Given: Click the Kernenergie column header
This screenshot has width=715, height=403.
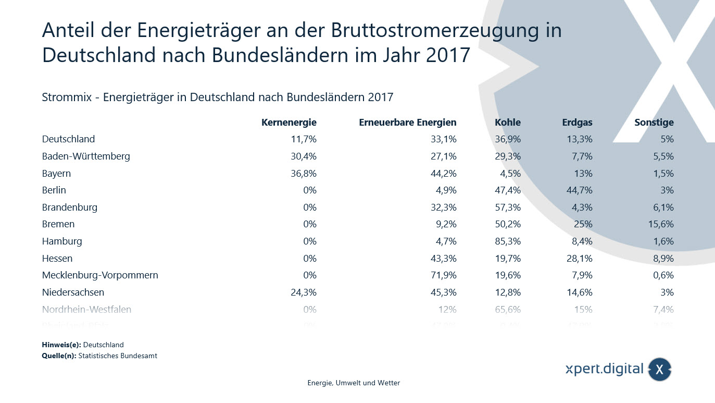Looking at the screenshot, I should tap(289, 123).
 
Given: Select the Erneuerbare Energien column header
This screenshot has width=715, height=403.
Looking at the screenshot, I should tap(408, 123).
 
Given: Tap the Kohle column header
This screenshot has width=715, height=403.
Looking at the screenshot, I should tap(508, 123).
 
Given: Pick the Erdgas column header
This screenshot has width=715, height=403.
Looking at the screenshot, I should tap(577, 123).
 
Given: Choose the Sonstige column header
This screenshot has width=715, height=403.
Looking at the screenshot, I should tap(654, 123).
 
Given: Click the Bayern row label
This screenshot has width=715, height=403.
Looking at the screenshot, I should tap(56, 174).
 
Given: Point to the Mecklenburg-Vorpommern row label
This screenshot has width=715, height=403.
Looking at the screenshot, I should tap(100, 275).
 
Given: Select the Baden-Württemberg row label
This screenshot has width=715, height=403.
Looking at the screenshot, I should tap(86, 156).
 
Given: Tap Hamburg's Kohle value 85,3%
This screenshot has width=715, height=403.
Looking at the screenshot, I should tap(508, 241).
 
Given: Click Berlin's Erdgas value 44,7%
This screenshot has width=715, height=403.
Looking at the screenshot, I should tap(579, 190).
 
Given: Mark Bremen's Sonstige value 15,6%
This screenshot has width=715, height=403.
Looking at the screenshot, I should tap(660, 224).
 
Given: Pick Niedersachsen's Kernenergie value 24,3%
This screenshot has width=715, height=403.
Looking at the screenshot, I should tap(303, 292).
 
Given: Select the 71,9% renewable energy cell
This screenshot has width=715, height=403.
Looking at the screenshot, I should tap(443, 275).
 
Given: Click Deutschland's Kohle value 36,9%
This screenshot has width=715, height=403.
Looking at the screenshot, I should tap(508, 139).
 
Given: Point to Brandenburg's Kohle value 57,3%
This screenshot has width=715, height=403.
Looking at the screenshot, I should tap(508, 207).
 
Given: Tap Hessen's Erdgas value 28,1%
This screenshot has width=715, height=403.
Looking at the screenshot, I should tap(579, 259).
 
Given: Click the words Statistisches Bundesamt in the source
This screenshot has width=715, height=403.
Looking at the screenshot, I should tap(118, 356).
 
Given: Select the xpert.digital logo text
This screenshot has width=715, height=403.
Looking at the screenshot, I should tap(605, 369).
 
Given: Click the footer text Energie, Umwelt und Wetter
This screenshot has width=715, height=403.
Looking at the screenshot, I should tap(354, 383).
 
